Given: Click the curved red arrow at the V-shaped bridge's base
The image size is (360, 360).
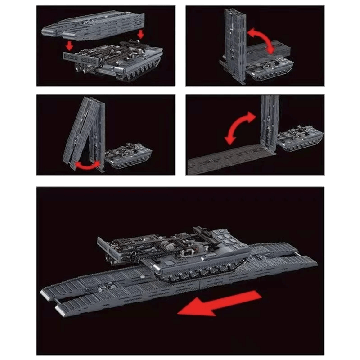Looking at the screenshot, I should click(88, 166).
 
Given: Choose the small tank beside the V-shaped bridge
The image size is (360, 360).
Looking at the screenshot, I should click(128, 155).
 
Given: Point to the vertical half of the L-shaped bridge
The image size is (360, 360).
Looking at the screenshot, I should click(269, 124).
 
